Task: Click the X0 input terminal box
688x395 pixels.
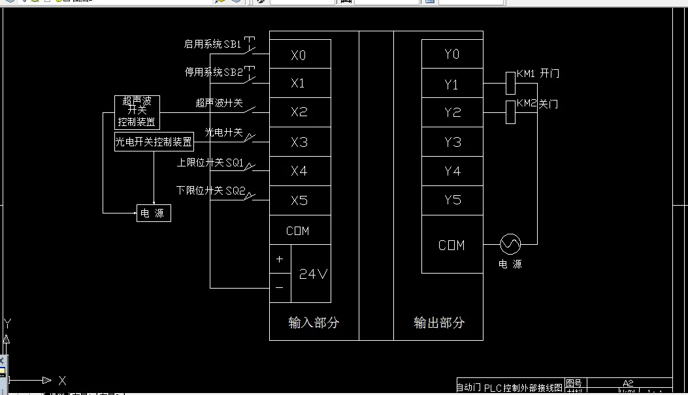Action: click(300, 55)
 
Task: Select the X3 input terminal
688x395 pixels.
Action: click(300, 142)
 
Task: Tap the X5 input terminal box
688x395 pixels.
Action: click(300, 200)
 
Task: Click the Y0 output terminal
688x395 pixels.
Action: click(452, 54)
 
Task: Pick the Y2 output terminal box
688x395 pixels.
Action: click(452, 112)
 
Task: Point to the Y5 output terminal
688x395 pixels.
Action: click(452, 200)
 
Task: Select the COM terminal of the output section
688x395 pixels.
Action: click(452, 245)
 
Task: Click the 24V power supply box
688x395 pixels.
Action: click(312, 274)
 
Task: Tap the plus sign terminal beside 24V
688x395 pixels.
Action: click(280, 259)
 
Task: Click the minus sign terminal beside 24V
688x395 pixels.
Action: click(280, 288)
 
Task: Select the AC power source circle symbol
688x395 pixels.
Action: click(510, 245)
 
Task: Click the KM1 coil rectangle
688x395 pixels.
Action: click(511, 84)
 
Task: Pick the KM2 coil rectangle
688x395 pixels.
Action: click(511, 112)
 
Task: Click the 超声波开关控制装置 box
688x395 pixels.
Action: click(137, 112)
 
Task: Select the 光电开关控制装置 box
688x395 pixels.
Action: click(154, 142)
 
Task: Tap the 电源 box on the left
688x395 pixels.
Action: click(154, 213)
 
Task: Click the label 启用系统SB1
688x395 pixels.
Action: click(212, 44)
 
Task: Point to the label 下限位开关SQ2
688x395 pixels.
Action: click(210, 191)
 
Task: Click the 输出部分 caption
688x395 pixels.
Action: click(438, 323)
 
